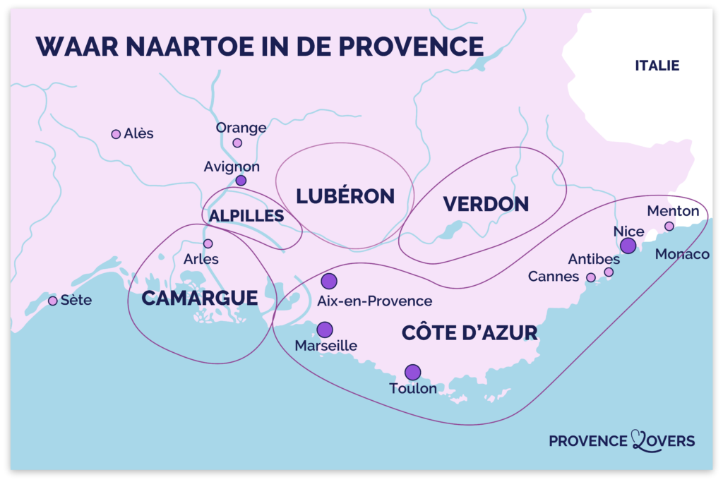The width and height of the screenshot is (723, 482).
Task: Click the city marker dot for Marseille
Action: tap(325, 330)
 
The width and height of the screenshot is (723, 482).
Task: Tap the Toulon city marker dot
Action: tap(412, 372)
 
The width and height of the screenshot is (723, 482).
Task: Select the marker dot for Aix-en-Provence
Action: tap(329, 282)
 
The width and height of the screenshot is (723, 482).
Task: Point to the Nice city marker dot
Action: tap(628, 246)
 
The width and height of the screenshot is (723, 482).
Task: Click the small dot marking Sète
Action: tap(52, 301)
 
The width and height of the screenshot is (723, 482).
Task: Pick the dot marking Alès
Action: tap(116, 134)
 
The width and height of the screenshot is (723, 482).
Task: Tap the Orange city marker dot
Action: tap(237, 143)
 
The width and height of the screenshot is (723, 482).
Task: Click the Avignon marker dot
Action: tap(241, 181)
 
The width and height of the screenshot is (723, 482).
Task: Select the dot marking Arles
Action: tap(208, 243)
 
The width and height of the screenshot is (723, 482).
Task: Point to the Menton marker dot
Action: tap(669, 226)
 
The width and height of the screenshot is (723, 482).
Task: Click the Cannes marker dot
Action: tap(591, 277)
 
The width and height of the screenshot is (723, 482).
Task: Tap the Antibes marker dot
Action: tap(609, 272)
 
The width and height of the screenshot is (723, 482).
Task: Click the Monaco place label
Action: tap(682, 254)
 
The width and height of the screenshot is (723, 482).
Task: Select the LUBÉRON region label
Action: tap(345, 196)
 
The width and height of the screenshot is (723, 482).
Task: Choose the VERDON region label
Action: tap(486, 204)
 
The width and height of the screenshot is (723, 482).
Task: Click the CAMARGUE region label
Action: tap(200, 298)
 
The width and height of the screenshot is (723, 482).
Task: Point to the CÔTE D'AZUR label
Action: tap(470, 333)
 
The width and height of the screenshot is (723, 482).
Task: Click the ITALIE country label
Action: tap(657, 66)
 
